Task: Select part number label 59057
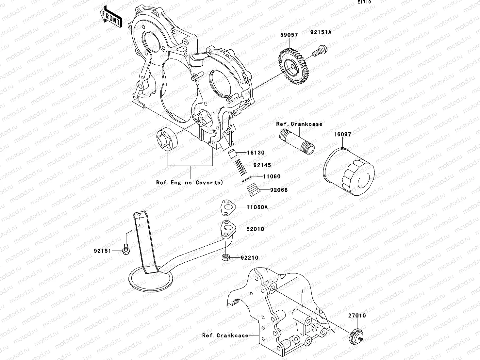coord(289,35)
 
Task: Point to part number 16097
coord(342,134)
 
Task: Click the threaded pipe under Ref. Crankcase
coord(297,140)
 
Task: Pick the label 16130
coord(256,153)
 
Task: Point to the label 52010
coord(255,229)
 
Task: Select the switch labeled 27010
coord(356,336)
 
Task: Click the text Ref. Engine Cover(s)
coord(190,183)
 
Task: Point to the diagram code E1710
coord(364,2)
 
